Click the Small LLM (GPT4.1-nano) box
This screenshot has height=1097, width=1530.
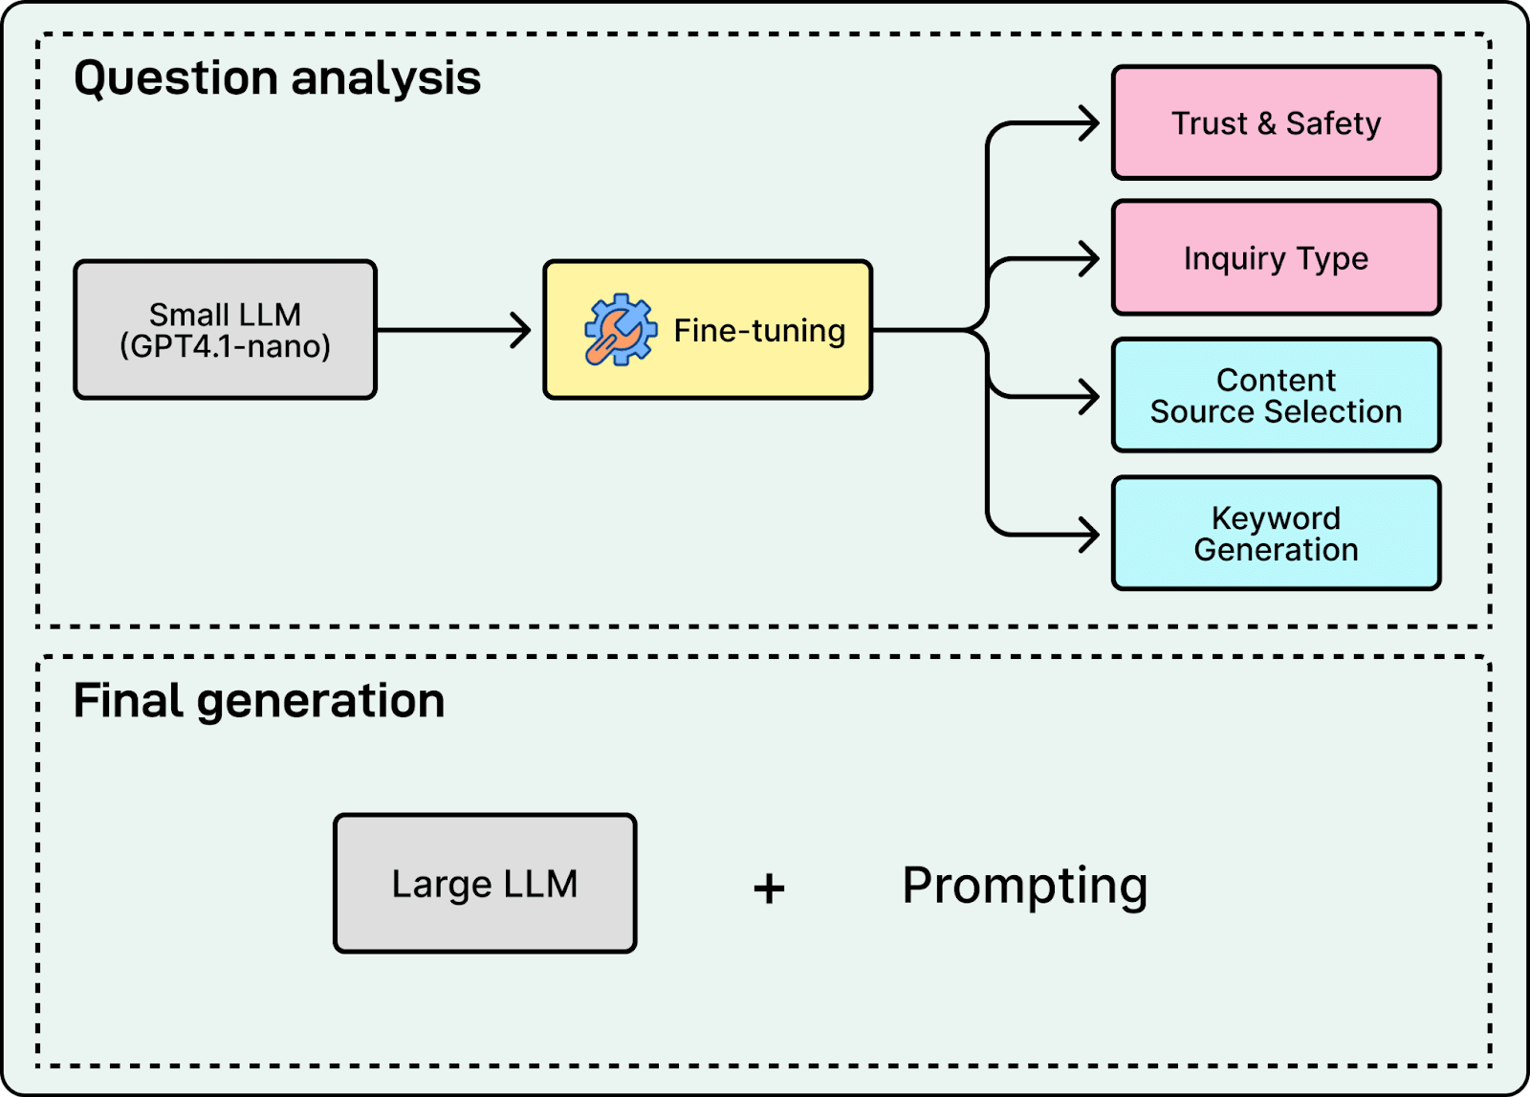tap(226, 329)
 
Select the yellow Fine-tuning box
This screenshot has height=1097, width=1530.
tap(708, 329)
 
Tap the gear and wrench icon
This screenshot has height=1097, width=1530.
tap(621, 330)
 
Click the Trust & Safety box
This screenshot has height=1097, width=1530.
tap(1276, 123)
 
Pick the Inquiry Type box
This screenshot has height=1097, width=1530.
tap(1276, 257)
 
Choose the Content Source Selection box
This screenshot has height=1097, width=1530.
tap(1276, 396)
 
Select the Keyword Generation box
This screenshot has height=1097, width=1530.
tap(1276, 534)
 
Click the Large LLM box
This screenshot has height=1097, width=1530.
tap(485, 883)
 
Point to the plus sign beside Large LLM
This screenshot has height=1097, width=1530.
tap(769, 889)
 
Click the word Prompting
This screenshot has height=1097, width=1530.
tap(1024, 886)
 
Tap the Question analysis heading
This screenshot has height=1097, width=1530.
tap(277, 78)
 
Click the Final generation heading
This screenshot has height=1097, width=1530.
tap(259, 701)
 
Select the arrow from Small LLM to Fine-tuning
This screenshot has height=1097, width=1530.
tap(453, 330)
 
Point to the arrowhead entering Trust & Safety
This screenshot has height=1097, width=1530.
tap(1091, 123)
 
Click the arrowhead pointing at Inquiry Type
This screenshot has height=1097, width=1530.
tap(1091, 259)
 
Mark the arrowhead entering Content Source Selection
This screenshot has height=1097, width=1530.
tap(1091, 397)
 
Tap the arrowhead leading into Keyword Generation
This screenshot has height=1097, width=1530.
tap(1091, 535)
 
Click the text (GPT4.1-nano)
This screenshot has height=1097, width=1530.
tap(226, 346)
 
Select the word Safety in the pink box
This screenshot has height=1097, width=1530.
tap(1333, 123)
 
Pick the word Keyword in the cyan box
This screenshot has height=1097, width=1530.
tap(1276, 518)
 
